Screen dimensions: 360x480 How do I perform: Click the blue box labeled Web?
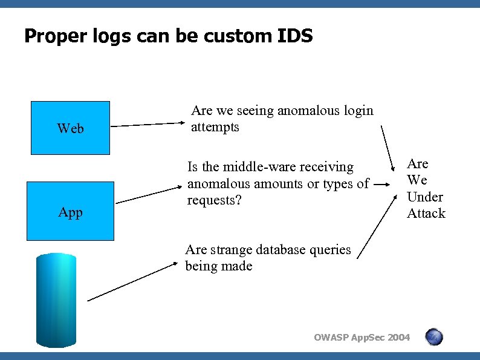[x=71, y=128]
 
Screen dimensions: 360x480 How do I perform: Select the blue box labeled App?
[x=71, y=211]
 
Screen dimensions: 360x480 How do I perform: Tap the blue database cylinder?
[x=56, y=300]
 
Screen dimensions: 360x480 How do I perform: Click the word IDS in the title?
[x=295, y=36]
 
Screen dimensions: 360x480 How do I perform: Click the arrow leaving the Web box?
[x=148, y=125]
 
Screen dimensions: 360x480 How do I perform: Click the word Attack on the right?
[x=426, y=213]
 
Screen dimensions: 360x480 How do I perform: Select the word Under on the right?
[x=425, y=197]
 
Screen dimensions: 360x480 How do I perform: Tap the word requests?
[x=214, y=200]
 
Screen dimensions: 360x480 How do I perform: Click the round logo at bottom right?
[x=433, y=337]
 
